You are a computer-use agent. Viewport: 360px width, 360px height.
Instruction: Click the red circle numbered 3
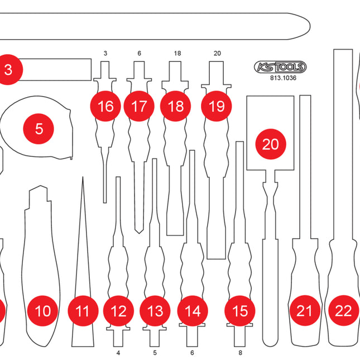click(8, 70)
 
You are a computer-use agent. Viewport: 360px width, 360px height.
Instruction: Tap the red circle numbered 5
click(39, 129)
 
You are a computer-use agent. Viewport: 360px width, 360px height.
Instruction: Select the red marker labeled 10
click(42, 311)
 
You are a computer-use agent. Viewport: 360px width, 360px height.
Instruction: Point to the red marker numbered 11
click(83, 311)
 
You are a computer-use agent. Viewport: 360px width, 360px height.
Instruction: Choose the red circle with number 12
click(118, 311)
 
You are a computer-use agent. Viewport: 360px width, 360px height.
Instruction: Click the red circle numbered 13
click(155, 311)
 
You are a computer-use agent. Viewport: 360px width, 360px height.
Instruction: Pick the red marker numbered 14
click(192, 311)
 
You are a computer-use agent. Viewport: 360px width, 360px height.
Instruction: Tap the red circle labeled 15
click(239, 311)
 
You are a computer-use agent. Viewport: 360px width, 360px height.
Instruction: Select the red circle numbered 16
click(105, 106)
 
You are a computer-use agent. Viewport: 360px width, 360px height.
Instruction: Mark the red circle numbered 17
click(140, 106)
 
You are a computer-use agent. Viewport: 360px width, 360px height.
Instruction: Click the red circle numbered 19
click(216, 106)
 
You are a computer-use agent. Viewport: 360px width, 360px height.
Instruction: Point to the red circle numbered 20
click(270, 144)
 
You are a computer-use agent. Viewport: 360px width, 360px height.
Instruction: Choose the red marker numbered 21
click(304, 311)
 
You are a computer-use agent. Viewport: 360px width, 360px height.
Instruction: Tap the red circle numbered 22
click(343, 311)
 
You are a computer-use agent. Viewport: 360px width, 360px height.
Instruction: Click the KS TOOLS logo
click(280, 68)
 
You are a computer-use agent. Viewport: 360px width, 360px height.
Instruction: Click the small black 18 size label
click(177, 54)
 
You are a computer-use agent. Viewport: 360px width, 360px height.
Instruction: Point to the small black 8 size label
click(240, 353)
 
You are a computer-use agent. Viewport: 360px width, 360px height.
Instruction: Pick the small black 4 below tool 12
click(118, 353)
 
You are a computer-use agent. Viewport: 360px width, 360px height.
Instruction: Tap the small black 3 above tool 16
click(105, 54)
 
